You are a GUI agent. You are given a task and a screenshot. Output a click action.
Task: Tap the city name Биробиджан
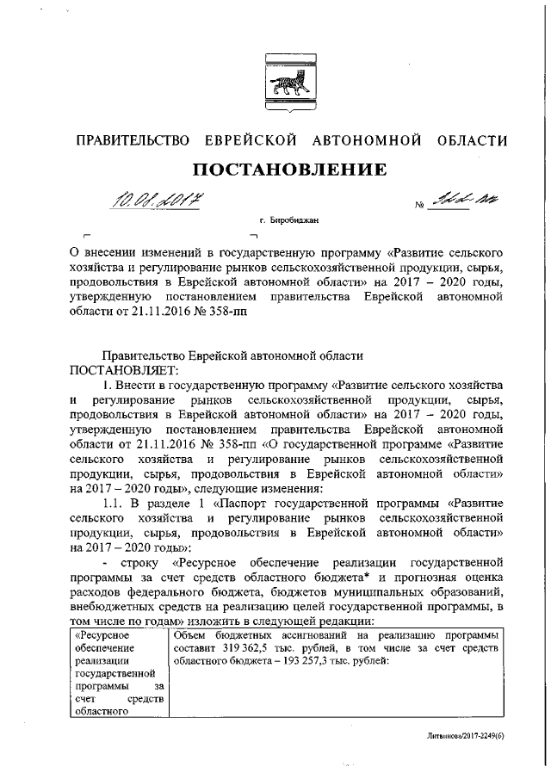tap(294, 222)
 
